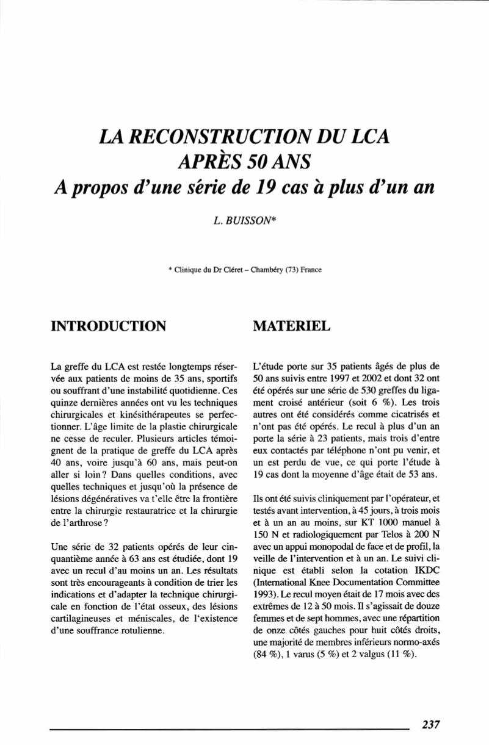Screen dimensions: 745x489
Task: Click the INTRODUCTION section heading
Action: click(109, 326)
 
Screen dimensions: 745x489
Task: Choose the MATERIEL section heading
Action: click(291, 326)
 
